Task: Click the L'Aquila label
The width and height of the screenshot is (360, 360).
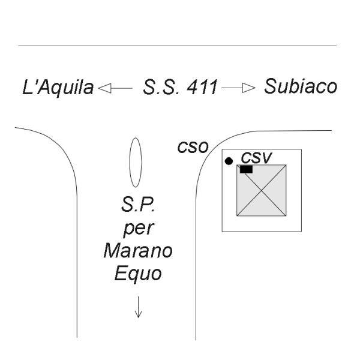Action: pos(58,87)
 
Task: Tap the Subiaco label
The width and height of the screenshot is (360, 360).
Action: pos(301,86)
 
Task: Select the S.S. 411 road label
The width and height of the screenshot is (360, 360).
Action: pos(180,87)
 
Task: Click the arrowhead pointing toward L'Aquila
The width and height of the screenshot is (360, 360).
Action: pos(104,88)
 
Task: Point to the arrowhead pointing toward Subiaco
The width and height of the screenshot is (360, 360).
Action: pos(248,88)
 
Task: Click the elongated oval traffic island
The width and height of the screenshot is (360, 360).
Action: pos(136,163)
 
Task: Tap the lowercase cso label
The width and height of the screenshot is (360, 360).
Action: pos(193,147)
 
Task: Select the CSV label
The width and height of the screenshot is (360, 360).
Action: pos(256,158)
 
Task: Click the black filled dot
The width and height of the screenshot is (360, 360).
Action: pos(229,161)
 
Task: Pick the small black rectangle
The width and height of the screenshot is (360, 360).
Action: pos(246,169)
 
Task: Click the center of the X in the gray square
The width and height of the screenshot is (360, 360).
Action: pos(262,190)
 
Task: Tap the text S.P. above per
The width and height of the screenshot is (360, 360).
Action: pos(138,205)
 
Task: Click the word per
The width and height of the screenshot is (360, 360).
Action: pos(139,229)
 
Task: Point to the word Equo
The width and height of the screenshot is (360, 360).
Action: pos(138,273)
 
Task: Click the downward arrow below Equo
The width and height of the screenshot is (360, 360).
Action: pos(138,307)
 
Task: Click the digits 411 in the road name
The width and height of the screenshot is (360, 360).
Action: pos(202,87)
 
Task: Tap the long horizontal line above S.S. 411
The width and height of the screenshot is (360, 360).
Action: pos(178,46)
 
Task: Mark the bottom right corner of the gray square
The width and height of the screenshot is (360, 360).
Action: pos(286,216)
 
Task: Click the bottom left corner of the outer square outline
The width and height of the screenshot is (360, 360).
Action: pos(222,232)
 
